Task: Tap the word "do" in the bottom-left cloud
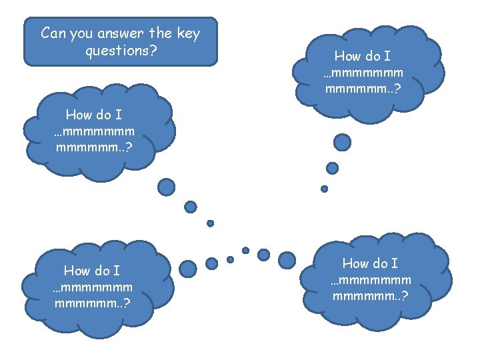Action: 101,271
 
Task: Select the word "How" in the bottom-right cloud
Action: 357,264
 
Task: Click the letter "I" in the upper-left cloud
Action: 119,114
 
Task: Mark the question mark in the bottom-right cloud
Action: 405,295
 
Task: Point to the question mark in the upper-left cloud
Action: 128,146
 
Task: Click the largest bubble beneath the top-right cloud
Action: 342,142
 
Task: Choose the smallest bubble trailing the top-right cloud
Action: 325,189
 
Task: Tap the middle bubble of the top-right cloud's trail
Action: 332,168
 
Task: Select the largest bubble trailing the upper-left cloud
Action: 167,187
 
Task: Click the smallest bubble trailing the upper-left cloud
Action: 210,223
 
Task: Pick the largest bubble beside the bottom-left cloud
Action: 188,269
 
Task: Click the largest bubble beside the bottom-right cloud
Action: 287,259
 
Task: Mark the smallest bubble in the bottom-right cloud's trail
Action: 245,251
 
